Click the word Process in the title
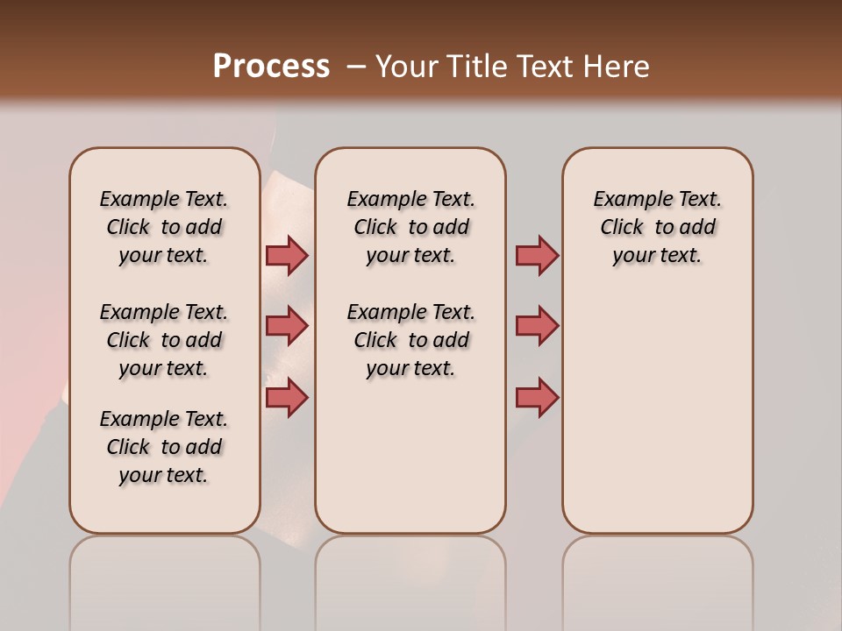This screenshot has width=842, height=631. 271,67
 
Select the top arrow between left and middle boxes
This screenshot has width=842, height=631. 287,255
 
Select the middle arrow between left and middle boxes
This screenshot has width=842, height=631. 287,326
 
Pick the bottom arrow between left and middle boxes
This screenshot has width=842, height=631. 287,397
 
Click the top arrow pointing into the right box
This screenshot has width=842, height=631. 537,255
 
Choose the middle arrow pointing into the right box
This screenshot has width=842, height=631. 537,326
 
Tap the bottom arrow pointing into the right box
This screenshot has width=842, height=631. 537,397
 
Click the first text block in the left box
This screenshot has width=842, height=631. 164,227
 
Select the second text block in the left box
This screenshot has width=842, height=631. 164,340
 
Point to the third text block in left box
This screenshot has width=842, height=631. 164,447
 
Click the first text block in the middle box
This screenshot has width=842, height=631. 410,227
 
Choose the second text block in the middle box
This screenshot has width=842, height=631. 410,340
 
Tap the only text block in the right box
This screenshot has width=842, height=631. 657,227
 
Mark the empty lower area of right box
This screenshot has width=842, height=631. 657,421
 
